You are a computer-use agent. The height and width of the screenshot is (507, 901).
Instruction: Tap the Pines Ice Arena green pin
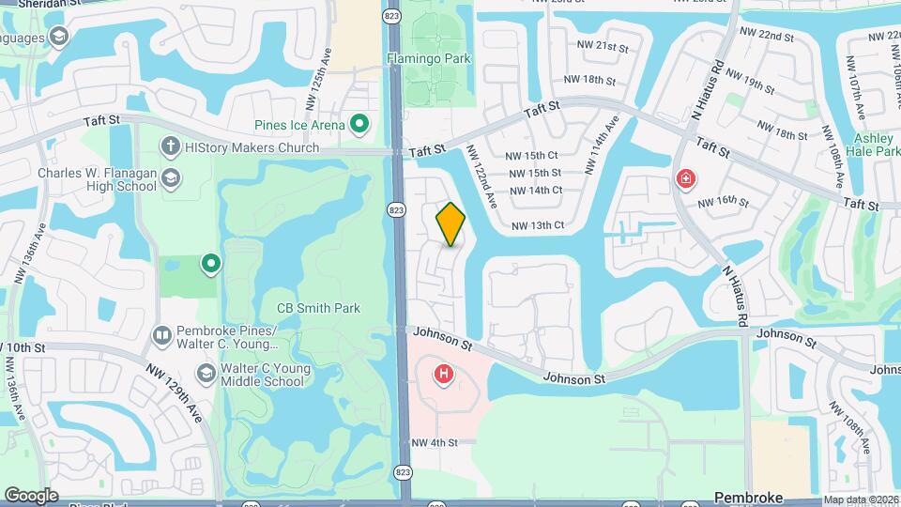[359, 124]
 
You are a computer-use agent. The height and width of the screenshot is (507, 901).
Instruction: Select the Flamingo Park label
[429, 58]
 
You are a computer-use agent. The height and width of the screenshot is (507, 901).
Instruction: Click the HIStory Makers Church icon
[170, 146]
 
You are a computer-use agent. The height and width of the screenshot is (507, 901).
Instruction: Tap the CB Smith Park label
[318, 308]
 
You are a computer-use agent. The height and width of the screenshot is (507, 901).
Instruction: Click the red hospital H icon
[443, 376]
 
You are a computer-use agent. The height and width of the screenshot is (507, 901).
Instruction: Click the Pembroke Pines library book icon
[161, 334]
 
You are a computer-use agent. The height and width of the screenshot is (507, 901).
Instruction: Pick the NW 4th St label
[434, 442]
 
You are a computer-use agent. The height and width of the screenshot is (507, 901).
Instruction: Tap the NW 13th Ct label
[538, 225]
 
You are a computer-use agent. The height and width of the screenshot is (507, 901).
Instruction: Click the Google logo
[31, 495]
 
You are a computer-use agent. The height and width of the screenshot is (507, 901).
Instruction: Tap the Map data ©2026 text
[860, 499]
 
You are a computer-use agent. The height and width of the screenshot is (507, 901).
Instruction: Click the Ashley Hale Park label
[877, 145]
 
